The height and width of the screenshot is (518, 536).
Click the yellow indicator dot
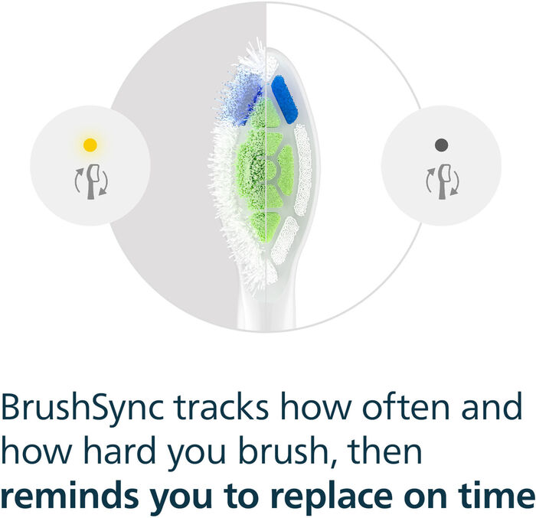click(90, 144)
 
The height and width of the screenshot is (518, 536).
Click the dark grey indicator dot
click(440, 144)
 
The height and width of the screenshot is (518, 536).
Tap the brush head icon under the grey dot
click(442, 181)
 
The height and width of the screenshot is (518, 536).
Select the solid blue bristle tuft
click(284, 99)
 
